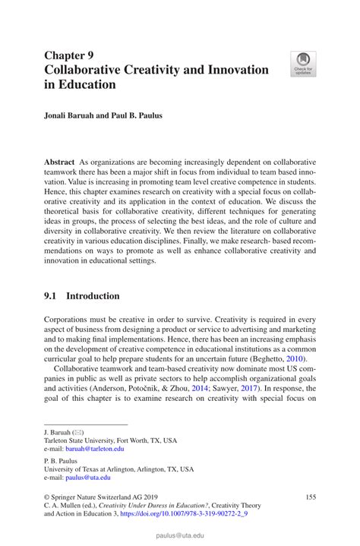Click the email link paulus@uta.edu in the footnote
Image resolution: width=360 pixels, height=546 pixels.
[x=87, y=478]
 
